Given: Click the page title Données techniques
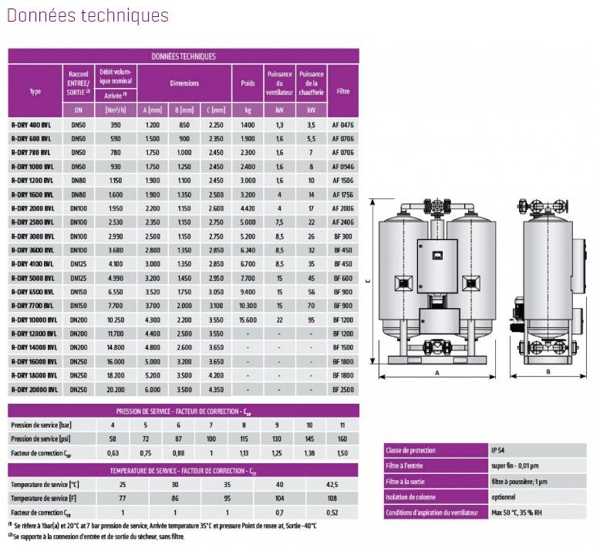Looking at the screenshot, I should (88, 15).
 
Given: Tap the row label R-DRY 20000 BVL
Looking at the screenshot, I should (33, 390).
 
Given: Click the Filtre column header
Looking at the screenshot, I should (342, 91).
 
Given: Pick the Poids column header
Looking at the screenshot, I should (248, 83).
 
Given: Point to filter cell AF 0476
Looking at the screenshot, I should (342, 125).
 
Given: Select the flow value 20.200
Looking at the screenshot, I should (116, 390).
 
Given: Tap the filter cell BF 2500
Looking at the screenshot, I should (342, 390).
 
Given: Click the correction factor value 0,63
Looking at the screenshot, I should (113, 453).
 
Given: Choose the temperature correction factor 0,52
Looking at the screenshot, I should (332, 513).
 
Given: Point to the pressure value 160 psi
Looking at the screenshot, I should (342, 439).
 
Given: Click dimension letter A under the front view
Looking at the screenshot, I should (437, 373).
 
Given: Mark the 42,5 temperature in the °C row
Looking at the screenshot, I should (332, 484).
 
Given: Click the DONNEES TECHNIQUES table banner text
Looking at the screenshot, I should (184, 56).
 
